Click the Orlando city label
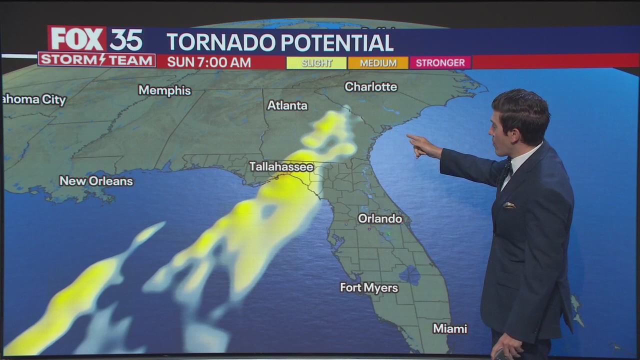tap(380, 218)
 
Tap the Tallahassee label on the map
tap(281, 166)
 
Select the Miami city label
tap(450, 328)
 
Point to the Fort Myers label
tap(369, 287)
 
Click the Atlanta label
tap(287, 105)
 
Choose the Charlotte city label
tap(370, 86)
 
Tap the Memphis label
tap(164, 90)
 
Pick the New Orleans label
tap(96, 181)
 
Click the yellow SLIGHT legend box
tap(316, 63)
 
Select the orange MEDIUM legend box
tap(378, 63)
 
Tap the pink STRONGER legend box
tap(440, 62)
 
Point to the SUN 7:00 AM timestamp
tap(209, 62)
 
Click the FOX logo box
tap(77, 39)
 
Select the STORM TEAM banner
tap(97, 60)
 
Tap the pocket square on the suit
tap(509, 205)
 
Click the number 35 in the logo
tap(126, 39)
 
